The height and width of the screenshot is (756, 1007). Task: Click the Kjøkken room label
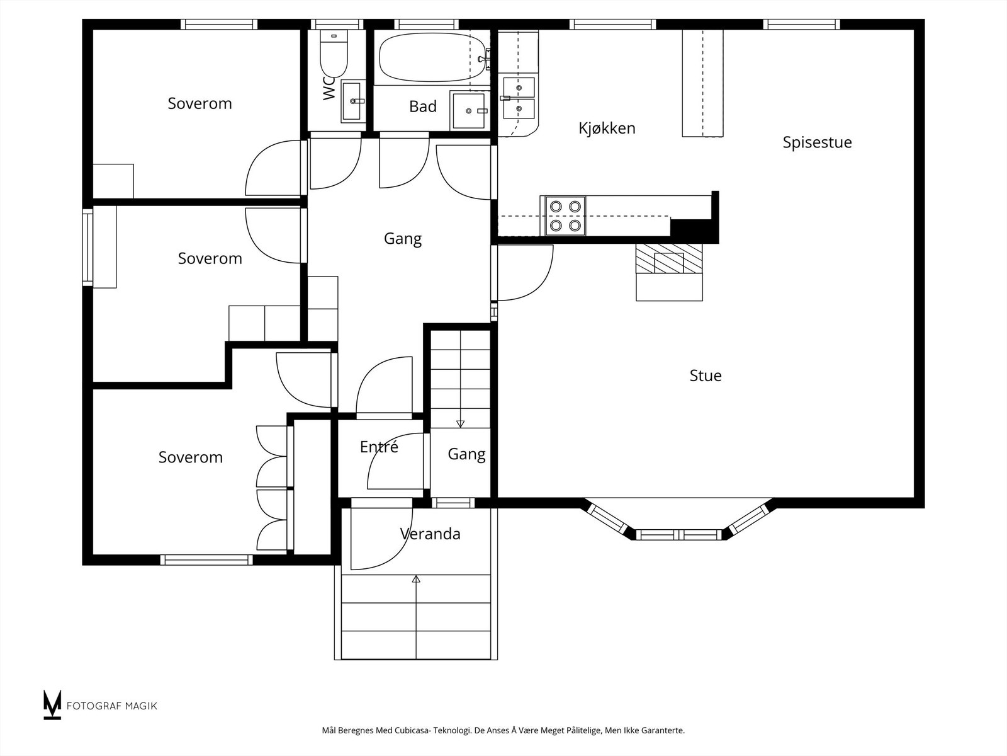(607, 129)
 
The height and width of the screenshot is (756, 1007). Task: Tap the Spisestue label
(817, 143)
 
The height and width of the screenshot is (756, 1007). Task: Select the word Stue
(706, 376)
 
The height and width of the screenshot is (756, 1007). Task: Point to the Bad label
(422, 106)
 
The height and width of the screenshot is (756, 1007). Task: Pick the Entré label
(379, 447)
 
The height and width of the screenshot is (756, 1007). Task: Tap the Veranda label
(430, 534)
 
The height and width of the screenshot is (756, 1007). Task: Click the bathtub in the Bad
(432, 57)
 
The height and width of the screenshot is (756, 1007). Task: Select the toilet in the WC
(334, 54)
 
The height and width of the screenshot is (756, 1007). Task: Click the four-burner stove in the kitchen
(565, 215)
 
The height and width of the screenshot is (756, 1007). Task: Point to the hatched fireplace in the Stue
(669, 258)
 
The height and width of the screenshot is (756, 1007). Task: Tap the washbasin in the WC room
(353, 101)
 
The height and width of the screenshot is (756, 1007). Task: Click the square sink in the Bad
(469, 110)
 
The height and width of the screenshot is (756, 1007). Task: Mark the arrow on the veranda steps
(416, 617)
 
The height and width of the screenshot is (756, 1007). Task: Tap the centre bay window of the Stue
(678, 534)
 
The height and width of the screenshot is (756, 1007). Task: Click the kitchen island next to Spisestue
(702, 83)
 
